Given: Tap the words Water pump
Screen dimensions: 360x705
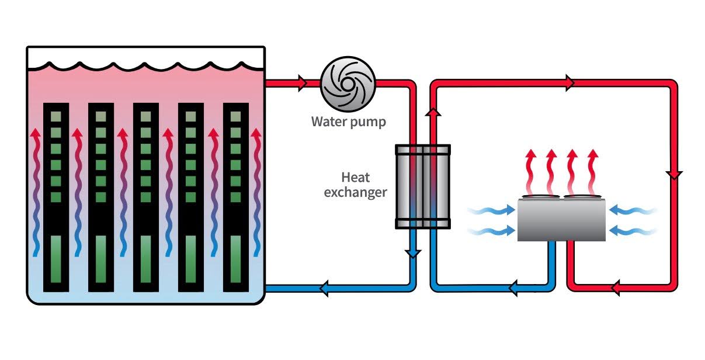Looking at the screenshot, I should [x=348, y=122].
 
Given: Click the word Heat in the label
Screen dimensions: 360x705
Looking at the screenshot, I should [x=356, y=177].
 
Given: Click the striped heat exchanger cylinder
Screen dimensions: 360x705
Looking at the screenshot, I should [x=423, y=186].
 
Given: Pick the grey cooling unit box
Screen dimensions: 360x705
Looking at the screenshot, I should [x=561, y=221].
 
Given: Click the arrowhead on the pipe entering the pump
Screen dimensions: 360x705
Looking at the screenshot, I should [x=302, y=83].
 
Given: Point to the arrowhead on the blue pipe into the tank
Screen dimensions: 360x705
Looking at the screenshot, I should [x=322, y=288].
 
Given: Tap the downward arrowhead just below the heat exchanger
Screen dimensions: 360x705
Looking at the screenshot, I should [x=413, y=253].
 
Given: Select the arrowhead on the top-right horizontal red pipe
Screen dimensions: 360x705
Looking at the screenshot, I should [x=569, y=83].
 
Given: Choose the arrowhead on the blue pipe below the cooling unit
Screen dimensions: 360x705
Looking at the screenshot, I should [x=514, y=288].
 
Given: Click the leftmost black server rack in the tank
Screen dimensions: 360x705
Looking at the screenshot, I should [x=56, y=197].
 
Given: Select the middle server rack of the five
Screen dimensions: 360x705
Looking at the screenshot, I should [x=146, y=197].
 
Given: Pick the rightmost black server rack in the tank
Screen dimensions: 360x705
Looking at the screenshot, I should [x=236, y=197].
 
